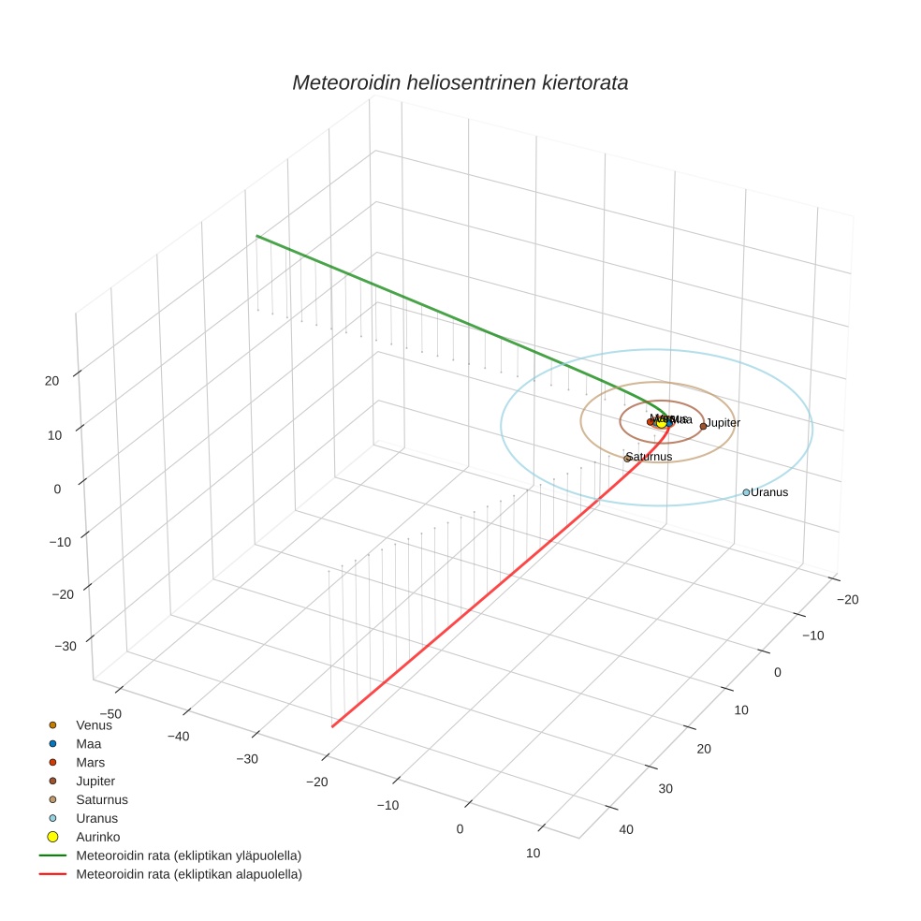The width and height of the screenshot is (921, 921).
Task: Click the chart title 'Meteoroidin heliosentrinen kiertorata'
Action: point(460,82)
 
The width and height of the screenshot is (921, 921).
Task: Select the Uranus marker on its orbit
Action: point(746,492)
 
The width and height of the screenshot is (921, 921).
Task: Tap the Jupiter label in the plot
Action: point(723,423)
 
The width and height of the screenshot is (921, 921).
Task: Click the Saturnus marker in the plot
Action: point(627,459)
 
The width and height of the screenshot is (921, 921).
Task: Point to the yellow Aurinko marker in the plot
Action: point(662,423)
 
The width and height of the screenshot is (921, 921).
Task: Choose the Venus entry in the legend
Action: point(94,724)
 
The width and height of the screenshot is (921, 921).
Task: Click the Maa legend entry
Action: point(88,743)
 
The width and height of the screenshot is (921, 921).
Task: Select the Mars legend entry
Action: point(90,762)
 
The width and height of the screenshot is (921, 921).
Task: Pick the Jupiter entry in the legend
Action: point(95,781)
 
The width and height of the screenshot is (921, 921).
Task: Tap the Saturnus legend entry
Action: point(101,799)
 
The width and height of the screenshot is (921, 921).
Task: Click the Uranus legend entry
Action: point(96,818)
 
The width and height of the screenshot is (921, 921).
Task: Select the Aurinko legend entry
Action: point(97,837)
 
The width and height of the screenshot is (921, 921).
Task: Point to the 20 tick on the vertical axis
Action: point(51,380)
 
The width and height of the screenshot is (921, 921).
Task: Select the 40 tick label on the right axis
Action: point(627,829)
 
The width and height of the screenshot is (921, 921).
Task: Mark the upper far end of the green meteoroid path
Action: point(257,237)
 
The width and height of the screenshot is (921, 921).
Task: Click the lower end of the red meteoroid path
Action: point(332,725)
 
